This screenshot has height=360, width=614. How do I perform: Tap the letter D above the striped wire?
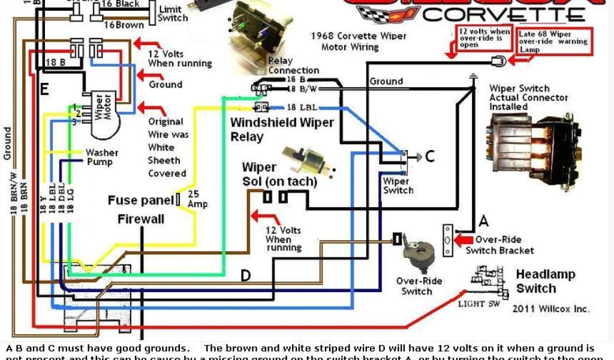[246, 275]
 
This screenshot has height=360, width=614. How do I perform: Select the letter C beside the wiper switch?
[429, 157]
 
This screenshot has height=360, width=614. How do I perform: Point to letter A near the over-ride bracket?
[483, 222]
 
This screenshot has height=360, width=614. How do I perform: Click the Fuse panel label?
[140, 200]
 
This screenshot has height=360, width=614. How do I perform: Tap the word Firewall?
[141, 218]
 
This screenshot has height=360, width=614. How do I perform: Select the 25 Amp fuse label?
[198, 200]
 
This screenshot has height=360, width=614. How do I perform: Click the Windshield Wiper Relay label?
[282, 129]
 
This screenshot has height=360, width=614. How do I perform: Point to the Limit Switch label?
[173, 13]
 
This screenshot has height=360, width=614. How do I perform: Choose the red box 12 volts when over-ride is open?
[477, 38]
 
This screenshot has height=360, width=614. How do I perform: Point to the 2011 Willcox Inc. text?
[550, 309]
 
